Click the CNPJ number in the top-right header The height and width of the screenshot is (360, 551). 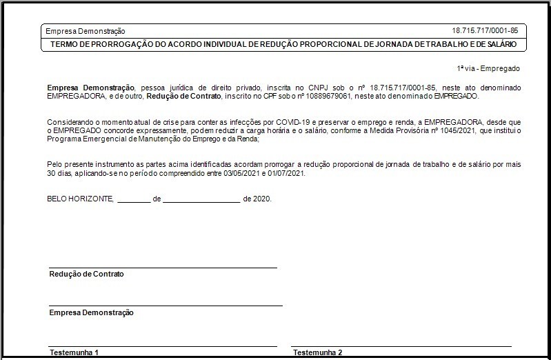point(485,30)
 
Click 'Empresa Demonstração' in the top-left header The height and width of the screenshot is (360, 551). point(85,31)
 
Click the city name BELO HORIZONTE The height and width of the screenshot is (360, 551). point(79,199)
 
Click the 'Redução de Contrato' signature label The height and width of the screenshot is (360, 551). point(87,274)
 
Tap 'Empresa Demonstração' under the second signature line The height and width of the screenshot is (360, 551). point(91,312)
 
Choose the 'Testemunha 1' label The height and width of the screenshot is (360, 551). point(74,352)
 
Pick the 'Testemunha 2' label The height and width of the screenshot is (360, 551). point(317,352)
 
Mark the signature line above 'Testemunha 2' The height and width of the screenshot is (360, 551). point(401,346)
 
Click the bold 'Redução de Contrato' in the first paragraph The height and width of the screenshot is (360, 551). point(183,96)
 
